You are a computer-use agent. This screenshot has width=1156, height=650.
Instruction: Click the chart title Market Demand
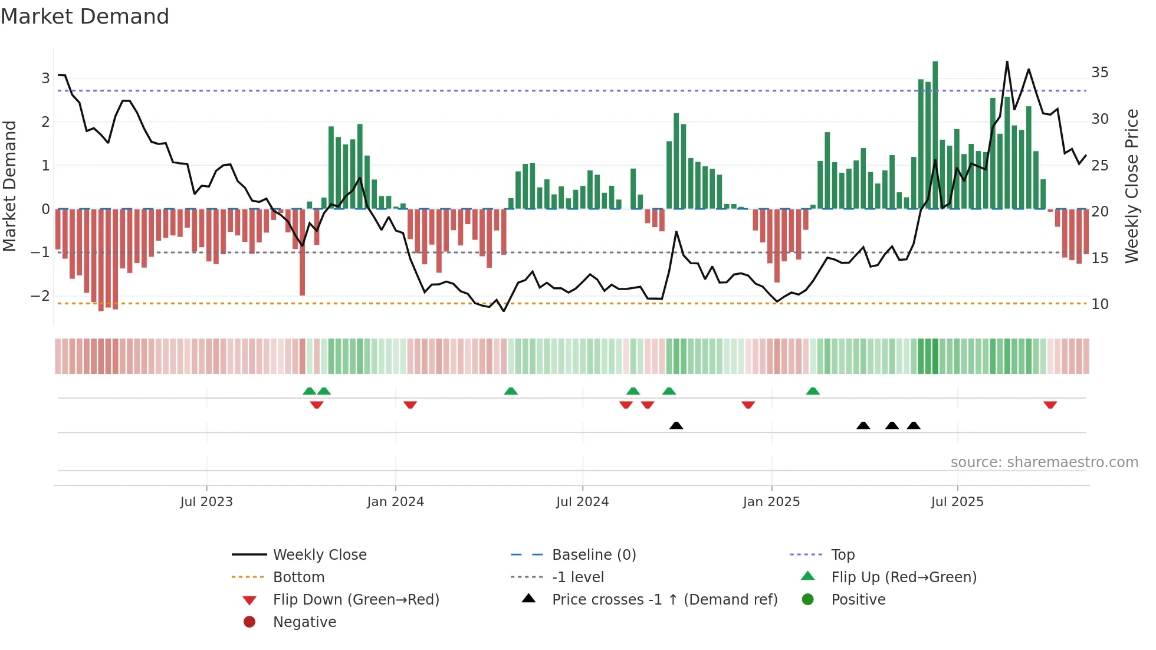point(85,17)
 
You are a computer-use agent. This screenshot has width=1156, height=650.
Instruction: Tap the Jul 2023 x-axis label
point(206,502)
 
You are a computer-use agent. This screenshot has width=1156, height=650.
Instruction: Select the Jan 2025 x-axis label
point(771,502)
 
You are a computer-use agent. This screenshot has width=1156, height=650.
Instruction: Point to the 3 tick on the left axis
point(45,78)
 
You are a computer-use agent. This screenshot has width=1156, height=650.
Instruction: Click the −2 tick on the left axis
point(41,296)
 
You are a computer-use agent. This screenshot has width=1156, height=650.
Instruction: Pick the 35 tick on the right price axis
point(1099,73)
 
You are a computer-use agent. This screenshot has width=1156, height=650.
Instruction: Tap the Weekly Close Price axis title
point(1131,186)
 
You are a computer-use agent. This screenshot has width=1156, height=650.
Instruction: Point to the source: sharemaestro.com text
point(1044,462)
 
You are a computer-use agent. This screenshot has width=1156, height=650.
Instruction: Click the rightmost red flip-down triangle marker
point(1050,405)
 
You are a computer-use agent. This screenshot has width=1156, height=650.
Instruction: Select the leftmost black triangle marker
point(676,425)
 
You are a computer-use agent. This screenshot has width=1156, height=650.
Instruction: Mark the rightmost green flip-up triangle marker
point(813,391)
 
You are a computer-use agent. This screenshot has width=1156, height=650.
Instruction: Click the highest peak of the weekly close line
point(1007,63)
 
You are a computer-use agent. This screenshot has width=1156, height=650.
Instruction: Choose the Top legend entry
point(842,555)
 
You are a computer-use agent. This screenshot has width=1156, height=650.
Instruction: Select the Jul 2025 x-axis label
point(957,502)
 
